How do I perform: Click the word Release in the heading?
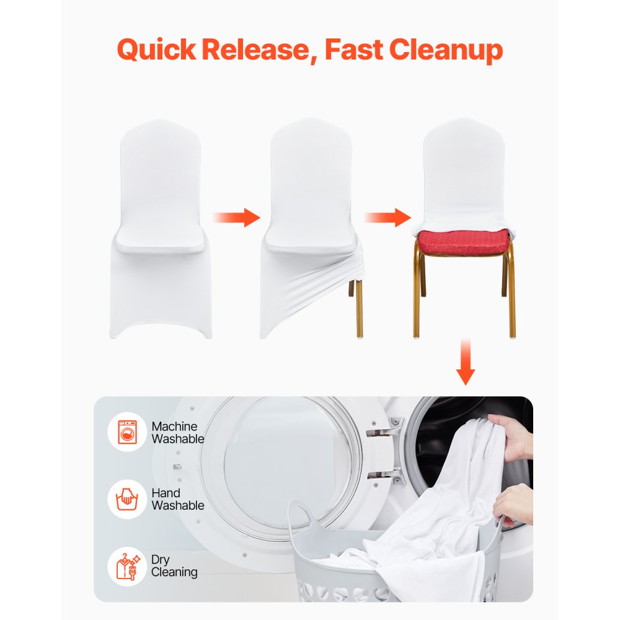[x=257, y=50]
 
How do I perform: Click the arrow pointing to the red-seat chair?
[x=387, y=217]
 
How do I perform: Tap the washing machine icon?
[x=128, y=432]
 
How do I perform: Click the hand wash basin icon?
[x=128, y=499]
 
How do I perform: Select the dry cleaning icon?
[x=128, y=565]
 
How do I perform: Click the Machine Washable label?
[x=177, y=432]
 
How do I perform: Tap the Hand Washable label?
[x=177, y=499]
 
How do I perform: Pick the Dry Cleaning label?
[x=174, y=565]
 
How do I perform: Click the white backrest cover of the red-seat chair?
[x=463, y=167]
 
